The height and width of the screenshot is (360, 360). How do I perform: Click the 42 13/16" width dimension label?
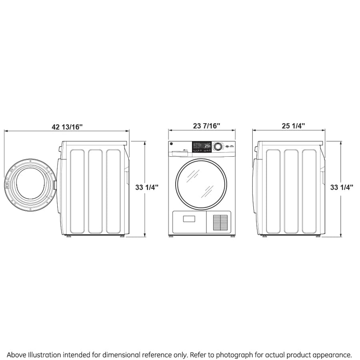[x=67, y=126]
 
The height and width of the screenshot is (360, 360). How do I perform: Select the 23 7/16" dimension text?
[x=206, y=126]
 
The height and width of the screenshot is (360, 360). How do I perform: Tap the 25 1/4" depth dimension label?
[x=293, y=126]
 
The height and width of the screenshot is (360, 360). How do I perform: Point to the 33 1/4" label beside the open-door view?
[x=147, y=187]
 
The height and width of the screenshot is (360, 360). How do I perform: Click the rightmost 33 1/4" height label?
[x=342, y=187]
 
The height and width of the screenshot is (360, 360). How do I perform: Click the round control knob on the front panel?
[x=218, y=146]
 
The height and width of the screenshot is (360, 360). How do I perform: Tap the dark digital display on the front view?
[x=202, y=146]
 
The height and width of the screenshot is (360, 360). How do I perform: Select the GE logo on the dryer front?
[x=172, y=145]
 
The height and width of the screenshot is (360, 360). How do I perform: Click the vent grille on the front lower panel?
[x=220, y=222]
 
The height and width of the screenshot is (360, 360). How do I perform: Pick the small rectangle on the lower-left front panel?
[x=189, y=219]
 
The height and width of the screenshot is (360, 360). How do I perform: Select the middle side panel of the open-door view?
[x=95, y=191]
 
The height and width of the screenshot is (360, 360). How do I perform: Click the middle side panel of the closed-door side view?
[x=291, y=191]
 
